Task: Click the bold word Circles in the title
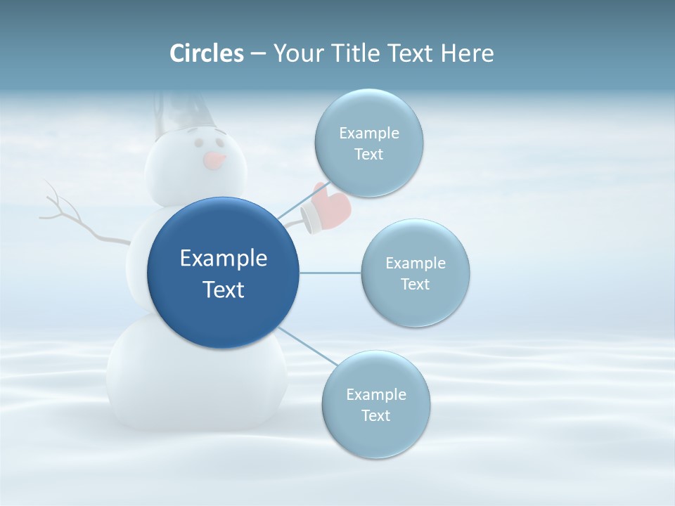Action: coord(207,53)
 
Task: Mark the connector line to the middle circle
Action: coord(330,273)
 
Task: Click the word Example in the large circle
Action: coord(223,259)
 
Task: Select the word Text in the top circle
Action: coord(368,154)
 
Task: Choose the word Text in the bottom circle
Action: coord(375,415)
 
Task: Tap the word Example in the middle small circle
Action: coord(415,263)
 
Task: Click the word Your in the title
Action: coord(296,53)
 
